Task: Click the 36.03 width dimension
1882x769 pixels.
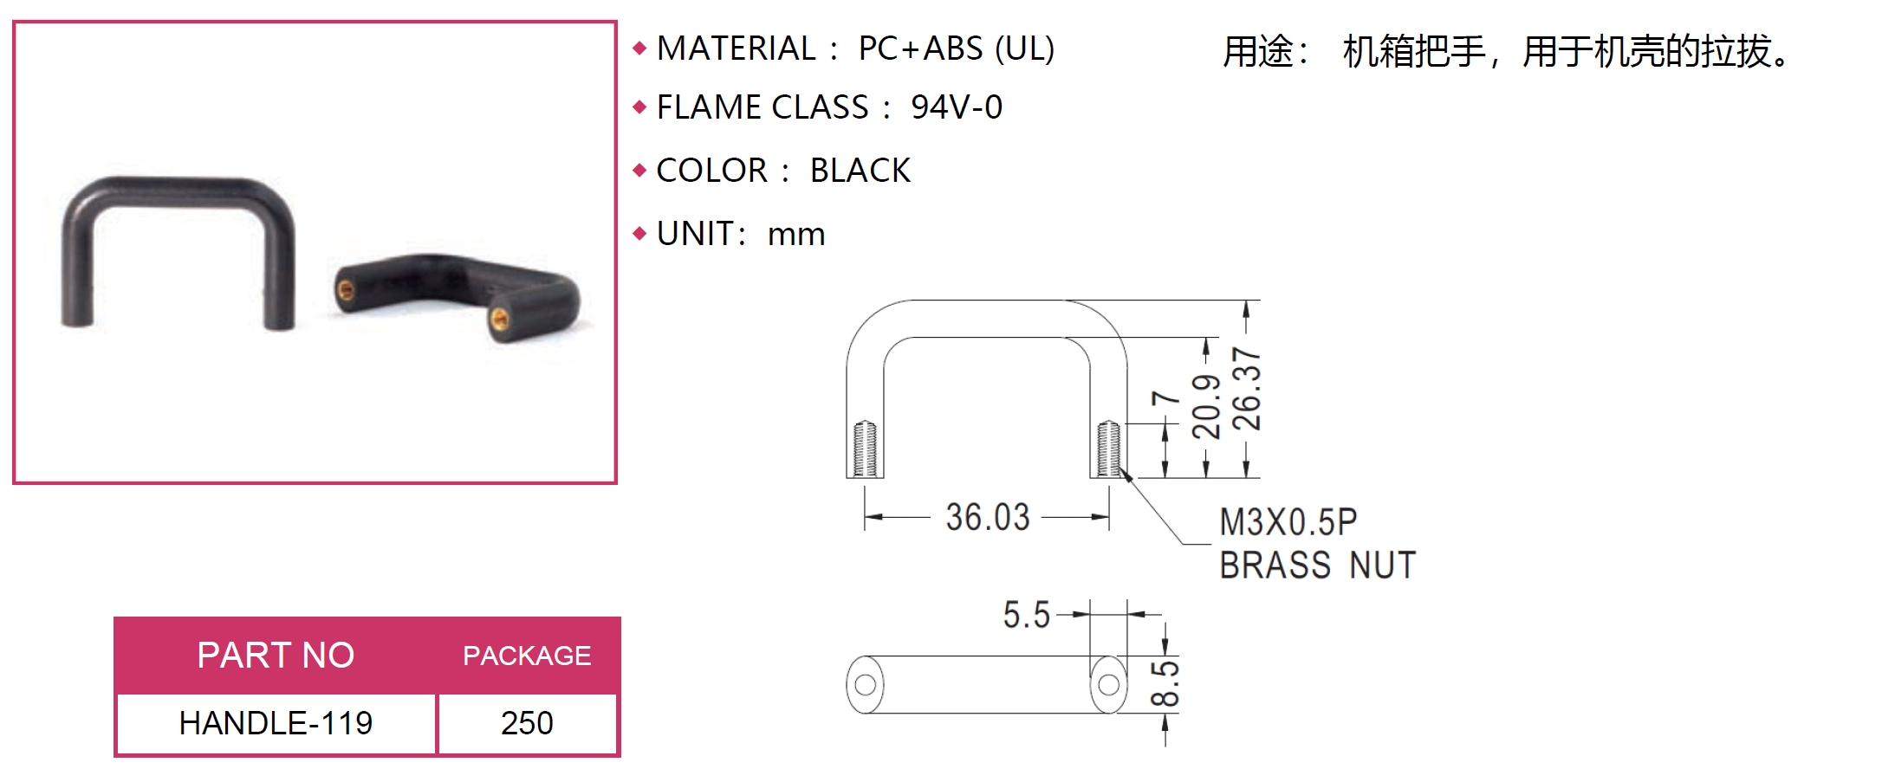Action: (x=988, y=517)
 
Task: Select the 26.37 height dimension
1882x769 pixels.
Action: (x=1247, y=389)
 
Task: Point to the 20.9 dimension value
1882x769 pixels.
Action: (x=1206, y=407)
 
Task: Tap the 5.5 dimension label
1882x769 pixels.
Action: (x=1026, y=615)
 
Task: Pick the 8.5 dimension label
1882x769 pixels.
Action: (x=1165, y=684)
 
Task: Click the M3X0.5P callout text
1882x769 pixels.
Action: (x=1288, y=522)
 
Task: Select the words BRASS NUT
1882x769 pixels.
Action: (x=1317, y=565)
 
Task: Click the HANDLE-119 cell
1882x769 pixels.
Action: (x=276, y=723)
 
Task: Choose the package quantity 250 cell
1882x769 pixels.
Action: (x=527, y=723)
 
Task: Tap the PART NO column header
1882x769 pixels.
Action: (x=276, y=656)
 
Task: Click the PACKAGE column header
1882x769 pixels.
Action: (x=527, y=656)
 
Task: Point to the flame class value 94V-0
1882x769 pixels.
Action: (x=957, y=107)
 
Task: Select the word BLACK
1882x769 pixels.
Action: (x=860, y=171)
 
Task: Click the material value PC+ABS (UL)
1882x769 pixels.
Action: (x=957, y=48)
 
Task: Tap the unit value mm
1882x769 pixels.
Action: (x=796, y=235)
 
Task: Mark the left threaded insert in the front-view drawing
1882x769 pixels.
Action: (x=865, y=449)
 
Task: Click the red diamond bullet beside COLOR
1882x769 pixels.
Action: (x=640, y=171)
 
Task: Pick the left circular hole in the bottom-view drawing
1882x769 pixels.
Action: (x=865, y=685)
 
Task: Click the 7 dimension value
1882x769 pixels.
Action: (x=1165, y=398)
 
